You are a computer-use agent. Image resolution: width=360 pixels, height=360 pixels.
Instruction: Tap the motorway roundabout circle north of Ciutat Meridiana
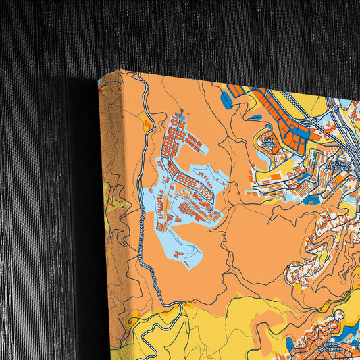click(334, 108)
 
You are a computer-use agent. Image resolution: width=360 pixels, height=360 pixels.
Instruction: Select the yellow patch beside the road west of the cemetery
click(146, 124)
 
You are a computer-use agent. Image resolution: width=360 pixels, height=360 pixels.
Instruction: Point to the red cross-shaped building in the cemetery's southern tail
click(177, 255)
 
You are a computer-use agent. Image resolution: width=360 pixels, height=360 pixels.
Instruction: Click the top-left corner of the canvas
click(99, 80)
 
